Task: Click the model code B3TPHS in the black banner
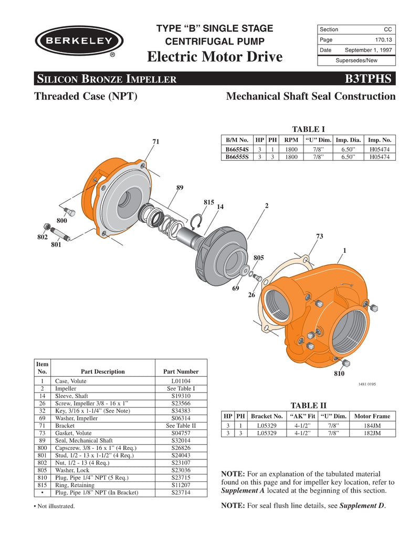[368, 79]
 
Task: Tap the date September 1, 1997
[368, 50]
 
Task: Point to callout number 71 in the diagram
[156, 142]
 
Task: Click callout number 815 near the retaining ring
[208, 202]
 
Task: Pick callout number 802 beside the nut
[42, 238]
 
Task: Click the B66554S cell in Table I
[237, 150]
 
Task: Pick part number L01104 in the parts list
[181, 381]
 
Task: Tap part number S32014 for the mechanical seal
[181, 440]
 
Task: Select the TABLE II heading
[309, 405]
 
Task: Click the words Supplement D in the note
[362, 506]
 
